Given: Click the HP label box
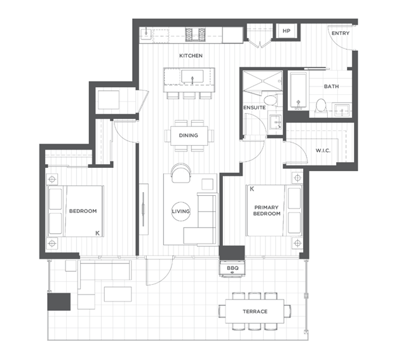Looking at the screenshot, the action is tap(286, 31).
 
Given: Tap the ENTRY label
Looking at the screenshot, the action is tap(341, 33).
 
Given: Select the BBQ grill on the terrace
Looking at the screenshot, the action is tap(233, 268).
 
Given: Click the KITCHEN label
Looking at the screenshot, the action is tap(191, 56).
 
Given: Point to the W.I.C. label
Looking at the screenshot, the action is tap(323, 151).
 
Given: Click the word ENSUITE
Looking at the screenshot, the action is tap(255, 107).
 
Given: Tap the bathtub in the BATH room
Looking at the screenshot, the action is tap(298, 91).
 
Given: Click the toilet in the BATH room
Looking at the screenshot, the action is tap(321, 107).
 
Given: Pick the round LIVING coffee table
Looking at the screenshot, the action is tap(181, 211).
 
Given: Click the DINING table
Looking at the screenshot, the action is tap(189, 135).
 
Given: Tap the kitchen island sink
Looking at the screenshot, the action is tap(192, 77).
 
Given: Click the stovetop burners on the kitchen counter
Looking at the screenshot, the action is tap(195, 35).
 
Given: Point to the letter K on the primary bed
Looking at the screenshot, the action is tap(252, 189).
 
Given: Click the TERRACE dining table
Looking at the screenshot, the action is tap(255, 311).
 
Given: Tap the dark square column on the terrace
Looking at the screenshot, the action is tap(59, 301).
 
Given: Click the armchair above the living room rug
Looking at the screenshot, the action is tap(180, 173).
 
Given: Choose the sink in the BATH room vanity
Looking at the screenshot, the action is tap(342, 110).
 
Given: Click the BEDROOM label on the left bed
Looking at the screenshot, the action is tap(83, 211).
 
